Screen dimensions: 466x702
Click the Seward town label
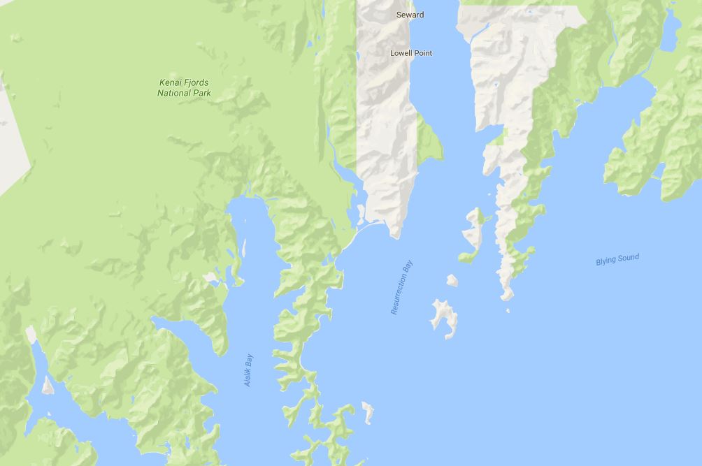(410, 15)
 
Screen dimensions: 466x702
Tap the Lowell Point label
(411, 53)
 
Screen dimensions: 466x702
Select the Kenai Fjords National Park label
(183, 87)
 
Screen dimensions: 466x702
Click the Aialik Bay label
(248, 370)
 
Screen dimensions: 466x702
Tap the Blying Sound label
(617, 259)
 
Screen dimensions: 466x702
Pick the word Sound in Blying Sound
(628, 258)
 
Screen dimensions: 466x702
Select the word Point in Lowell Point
(422, 53)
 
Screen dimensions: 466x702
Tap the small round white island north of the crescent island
(452, 280)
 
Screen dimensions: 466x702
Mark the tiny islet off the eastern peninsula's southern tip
(508, 310)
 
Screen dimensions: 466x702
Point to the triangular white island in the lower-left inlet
(48, 384)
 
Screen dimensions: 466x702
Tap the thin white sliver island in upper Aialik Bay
(244, 247)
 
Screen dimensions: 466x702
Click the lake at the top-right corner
(669, 31)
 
